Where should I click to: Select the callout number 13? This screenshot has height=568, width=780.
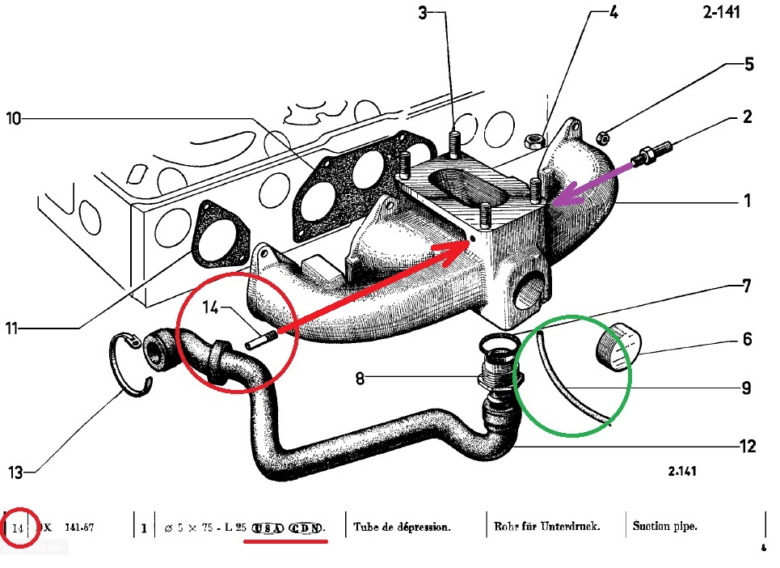[15, 471]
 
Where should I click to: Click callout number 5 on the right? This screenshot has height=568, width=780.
[749, 65]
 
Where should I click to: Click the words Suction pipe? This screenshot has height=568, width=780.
[665, 527]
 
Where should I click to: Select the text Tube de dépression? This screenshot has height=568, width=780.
[402, 527]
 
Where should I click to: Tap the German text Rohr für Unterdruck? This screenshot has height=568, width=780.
[546, 527]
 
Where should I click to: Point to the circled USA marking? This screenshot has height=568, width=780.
[266, 528]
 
